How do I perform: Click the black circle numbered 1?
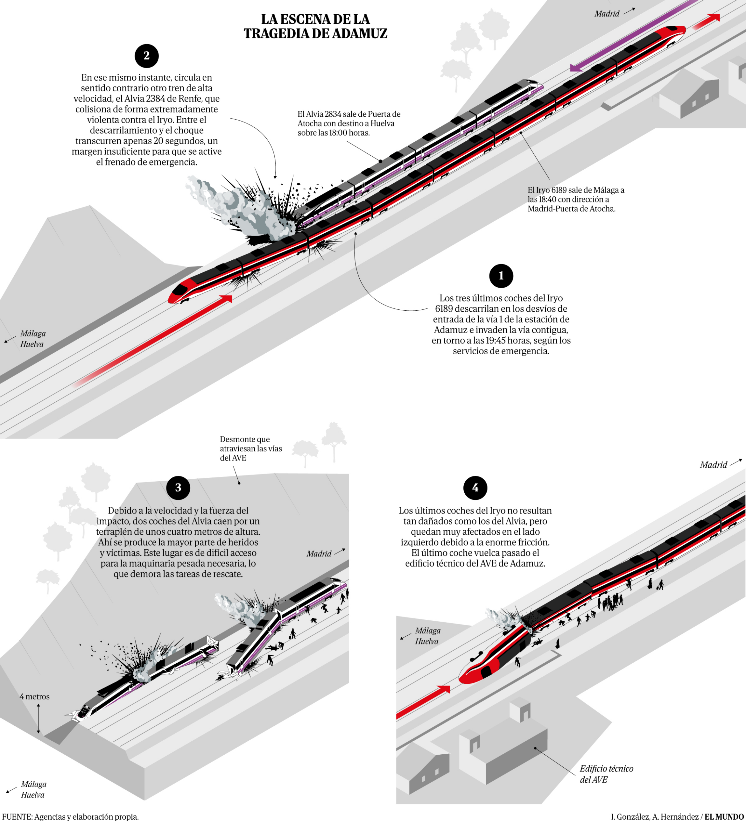click(501, 276)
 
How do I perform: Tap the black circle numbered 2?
click(146, 56)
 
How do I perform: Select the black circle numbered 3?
click(178, 487)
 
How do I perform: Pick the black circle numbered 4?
click(475, 487)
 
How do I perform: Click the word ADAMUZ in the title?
click(359, 33)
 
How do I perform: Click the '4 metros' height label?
click(34, 696)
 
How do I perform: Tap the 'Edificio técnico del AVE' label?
click(606, 774)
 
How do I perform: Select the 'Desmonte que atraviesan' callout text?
click(251, 448)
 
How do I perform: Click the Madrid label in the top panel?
click(606, 14)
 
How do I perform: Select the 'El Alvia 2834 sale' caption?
click(349, 123)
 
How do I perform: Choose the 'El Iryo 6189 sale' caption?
click(576, 199)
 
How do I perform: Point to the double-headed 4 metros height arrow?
click(38, 719)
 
